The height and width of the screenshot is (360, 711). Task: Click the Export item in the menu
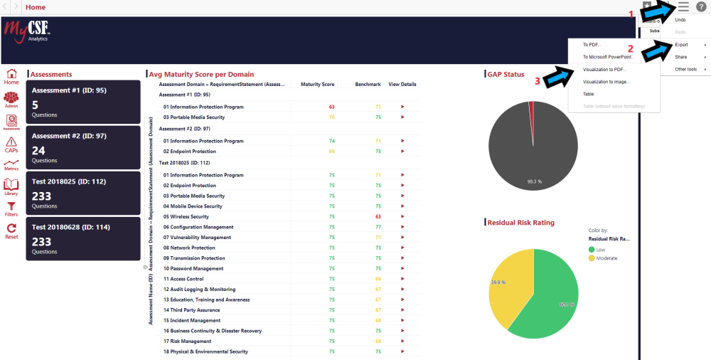pyautogui.click(x=681, y=45)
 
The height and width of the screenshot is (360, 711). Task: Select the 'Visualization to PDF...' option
pyautogui.click(x=604, y=70)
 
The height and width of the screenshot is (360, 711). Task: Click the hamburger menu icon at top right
pyautogui.click(x=683, y=6)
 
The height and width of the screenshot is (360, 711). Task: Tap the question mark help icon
pyautogui.click(x=701, y=6)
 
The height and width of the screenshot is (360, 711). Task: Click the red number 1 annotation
pyautogui.click(x=630, y=14)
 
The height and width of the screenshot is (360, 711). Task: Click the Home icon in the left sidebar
pyautogui.click(x=11, y=77)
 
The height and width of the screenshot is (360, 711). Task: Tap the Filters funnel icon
pyautogui.click(x=11, y=208)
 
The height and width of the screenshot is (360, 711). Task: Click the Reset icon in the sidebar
pyautogui.click(x=11, y=231)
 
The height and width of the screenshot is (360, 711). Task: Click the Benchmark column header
pyautogui.click(x=368, y=84)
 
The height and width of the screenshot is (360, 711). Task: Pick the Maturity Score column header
pyautogui.click(x=317, y=84)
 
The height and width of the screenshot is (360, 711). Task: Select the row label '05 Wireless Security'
pyautogui.click(x=186, y=216)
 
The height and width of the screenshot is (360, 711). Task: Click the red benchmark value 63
pyautogui.click(x=378, y=216)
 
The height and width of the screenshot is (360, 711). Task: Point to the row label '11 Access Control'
pyautogui.click(x=183, y=279)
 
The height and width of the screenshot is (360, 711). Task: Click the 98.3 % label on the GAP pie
pyautogui.click(x=535, y=181)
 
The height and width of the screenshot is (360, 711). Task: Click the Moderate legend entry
pyautogui.click(x=606, y=258)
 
